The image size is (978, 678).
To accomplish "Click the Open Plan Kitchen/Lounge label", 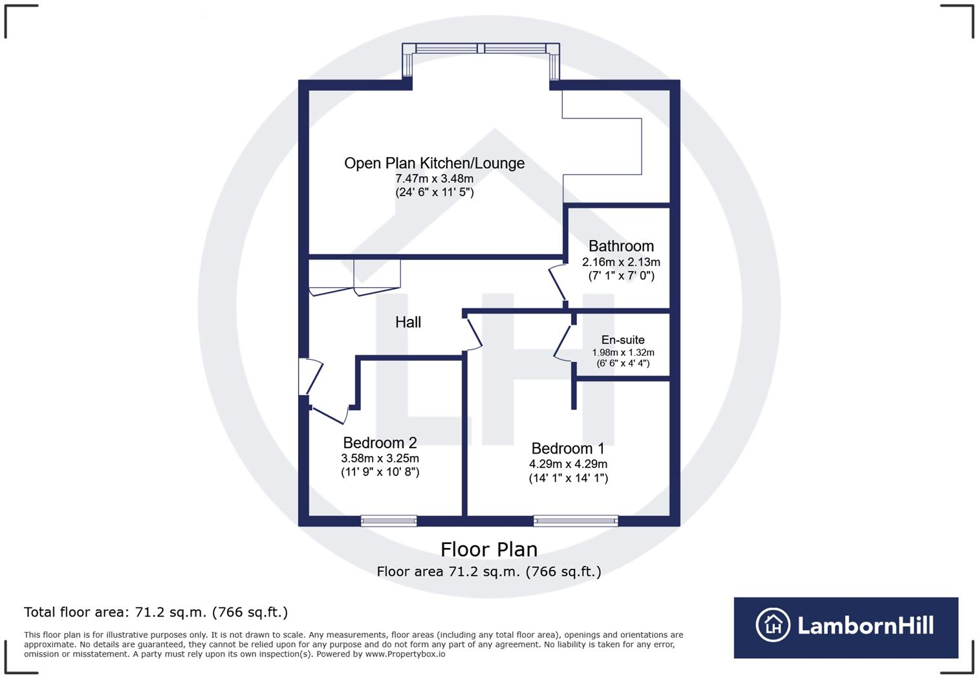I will [434, 163].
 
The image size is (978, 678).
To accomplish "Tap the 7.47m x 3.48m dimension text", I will [434, 179].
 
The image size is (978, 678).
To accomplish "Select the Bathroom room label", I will [621, 246].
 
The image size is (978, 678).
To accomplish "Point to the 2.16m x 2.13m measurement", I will [621, 262].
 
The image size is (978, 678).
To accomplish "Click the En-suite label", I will [623, 340].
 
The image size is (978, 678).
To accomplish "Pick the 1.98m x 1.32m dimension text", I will [623, 353].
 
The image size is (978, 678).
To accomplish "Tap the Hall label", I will [408, 322].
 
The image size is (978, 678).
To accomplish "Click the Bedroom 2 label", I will [380, 443].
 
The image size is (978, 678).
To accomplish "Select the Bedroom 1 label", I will [568, 448].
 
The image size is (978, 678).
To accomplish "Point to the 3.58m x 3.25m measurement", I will [380, 458].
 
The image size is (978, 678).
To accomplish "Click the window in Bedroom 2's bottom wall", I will [389, 520].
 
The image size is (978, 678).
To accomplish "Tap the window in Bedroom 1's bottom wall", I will [576, 520].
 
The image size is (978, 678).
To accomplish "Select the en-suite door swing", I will [563, 343].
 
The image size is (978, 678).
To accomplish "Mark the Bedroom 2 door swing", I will [329, 414].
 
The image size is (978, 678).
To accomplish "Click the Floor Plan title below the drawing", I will [489, 549].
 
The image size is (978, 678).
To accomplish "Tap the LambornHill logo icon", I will [773, 626].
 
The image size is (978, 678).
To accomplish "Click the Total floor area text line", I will [156, 612].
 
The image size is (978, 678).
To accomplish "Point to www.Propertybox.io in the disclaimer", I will [405, 654].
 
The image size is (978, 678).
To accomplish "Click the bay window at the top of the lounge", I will [481, 49].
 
